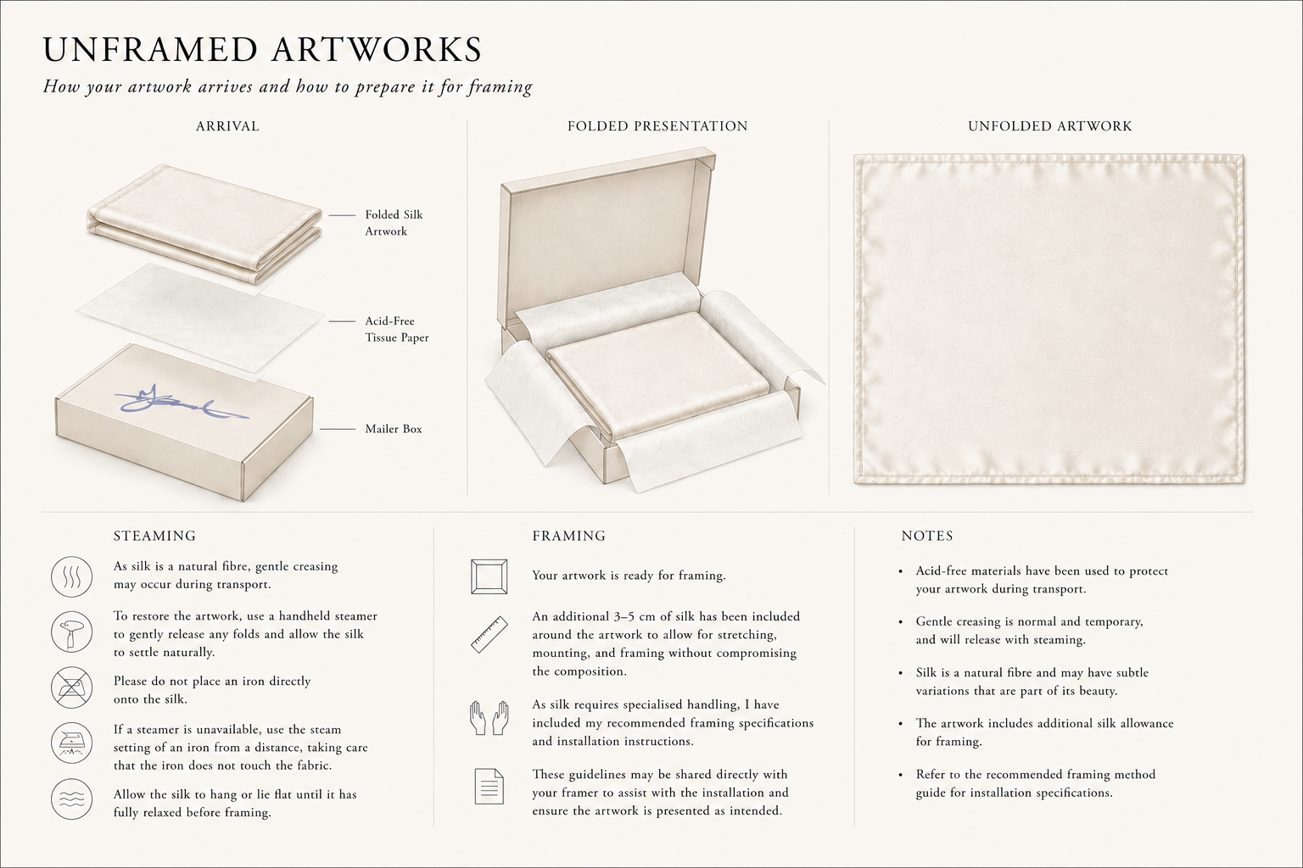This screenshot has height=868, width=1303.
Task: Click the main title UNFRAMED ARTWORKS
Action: pyautogui.click(x=262, y=49)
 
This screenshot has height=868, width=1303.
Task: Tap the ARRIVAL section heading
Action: pyautogui.click(x=227, y=126)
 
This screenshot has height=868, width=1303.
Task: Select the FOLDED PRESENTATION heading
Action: pyautogui.click(x=657, y=126)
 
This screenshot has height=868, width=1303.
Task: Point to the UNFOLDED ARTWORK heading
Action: pyautogui.click(x=1050, y=126)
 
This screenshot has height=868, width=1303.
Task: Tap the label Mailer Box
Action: pyautogui.click(x=394, y=429)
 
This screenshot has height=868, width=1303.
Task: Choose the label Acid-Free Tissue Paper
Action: pyautogui.click(x=397, y=329)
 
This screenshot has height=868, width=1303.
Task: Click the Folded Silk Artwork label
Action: pyautogui.click(x=394, y=223)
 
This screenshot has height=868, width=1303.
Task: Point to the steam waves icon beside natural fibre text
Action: pyautogui.click(x=71, y=576)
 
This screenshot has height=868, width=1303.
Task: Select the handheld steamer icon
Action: pyautogui.click(x=71, y=632)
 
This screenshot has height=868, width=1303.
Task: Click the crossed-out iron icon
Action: pyautogui.click(x=71, y=687)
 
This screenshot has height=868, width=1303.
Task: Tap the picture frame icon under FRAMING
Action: pyautogui.click(x=489, y=576)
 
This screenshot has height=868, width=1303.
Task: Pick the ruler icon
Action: pyautogui.click(x=489, y=634)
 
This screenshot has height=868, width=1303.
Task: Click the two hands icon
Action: pyautogui.click(x=489, y=718)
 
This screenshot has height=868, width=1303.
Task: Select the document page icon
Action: pyautogui.click(x=489, y=787)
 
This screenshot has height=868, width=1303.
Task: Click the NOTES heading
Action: pyautogui.click(x=927, y=536)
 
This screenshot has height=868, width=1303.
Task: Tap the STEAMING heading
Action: pyautogui.click(x=154, y=536)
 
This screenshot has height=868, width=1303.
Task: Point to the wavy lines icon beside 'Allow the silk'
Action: pyautogui.click(x=71, y=798)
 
